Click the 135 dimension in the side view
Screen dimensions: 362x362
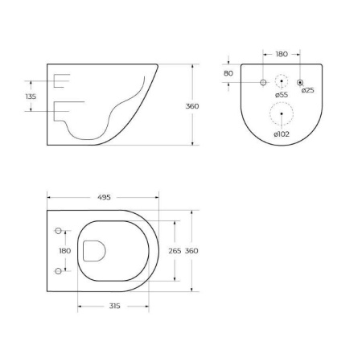(31, 97)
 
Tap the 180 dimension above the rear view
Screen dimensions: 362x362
(282, 55)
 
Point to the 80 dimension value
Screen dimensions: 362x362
(228, 73)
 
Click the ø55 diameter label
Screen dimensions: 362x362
(281, 95)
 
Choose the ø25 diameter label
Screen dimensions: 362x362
(306, 90)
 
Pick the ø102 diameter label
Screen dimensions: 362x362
(281, 134)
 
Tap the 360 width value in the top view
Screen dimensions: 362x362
(191, 251)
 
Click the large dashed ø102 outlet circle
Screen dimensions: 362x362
(281, 115)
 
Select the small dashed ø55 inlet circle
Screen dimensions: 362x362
(281, 81)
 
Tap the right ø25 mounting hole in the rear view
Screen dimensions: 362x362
(300, 82)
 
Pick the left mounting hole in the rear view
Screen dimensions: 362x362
(262, 82)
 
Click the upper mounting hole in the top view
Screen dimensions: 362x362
(57, 232)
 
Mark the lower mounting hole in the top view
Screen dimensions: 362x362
(57, 271)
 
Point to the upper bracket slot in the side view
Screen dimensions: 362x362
(61, 80)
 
